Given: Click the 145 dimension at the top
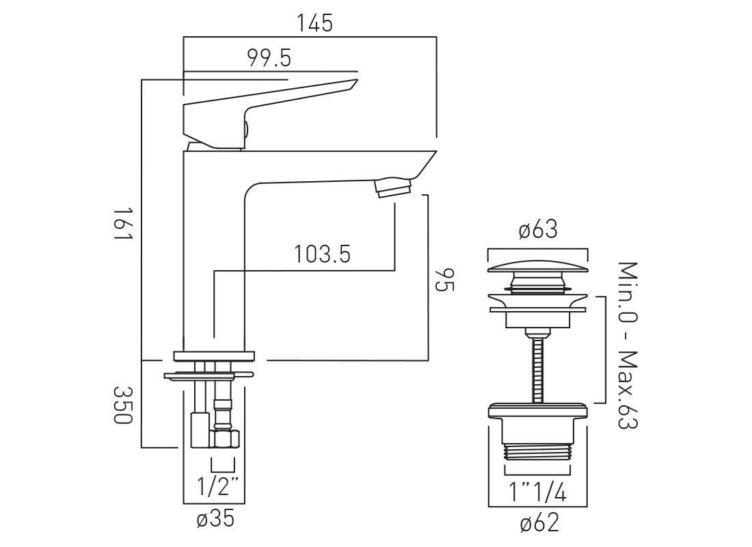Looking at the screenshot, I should click(314, 23).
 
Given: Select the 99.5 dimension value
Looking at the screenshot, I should click(269, 59).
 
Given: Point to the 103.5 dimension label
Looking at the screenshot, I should click(322, 254).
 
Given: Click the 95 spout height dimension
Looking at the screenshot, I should click(444, 279).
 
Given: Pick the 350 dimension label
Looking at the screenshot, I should click(122, 405).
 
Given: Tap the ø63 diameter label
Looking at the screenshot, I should click(538, 230).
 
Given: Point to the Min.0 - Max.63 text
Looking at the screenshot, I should click(627, 345).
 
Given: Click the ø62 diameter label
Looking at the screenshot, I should click(539, 524).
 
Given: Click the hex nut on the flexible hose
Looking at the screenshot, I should click(224, 438).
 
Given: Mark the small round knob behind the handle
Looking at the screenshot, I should click(245, 128).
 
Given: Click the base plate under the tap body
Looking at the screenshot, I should click(214, 356).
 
